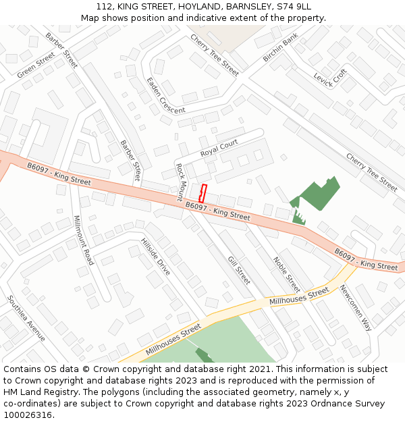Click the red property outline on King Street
(202, 193)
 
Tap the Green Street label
(36, 65)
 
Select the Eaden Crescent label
(165, 95)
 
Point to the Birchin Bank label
(280, 48)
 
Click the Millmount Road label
(84, 240)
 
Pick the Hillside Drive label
(156, 257)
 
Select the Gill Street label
(239, 270)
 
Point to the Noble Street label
(286, 273)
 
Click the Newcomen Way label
(355, 307)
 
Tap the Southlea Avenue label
(26, 317)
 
